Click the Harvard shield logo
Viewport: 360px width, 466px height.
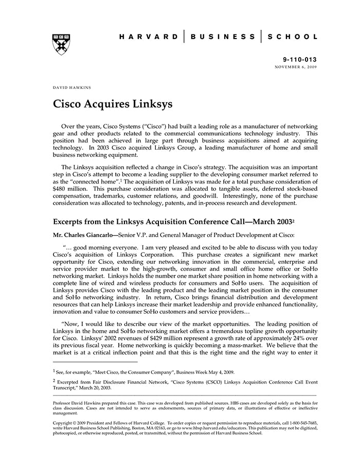coord(61,44)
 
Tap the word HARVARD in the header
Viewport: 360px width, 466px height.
coord(149,37)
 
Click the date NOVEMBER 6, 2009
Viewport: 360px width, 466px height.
coord(296,67)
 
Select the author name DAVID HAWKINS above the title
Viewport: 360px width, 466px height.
coord(72,87)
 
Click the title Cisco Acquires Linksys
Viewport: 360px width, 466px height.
coord(113,104)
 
